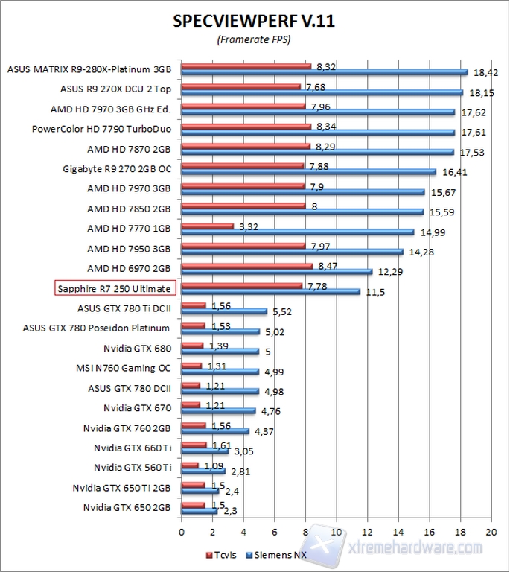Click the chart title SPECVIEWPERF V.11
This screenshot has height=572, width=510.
pyautogui.click(x=254, y=21)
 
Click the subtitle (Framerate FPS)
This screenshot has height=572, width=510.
pyautogui.click(x=254, y=39)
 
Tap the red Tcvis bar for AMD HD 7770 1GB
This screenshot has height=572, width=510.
pyautogui.click(x=208, y=226)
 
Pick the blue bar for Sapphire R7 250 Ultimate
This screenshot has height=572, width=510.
pyautogui.click(x=270, y=292)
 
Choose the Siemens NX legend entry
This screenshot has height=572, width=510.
pyautogui.click(x=279, y=555)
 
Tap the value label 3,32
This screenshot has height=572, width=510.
pyautogui.click(x=249, y=226)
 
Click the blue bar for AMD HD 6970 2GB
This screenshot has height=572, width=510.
pyautogui.click(x=276, y=272)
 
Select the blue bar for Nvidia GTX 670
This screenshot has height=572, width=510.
pyautogui.click(x=218, y=411)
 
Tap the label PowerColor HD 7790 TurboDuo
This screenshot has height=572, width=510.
pyautogui.click(x=102, y=128)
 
